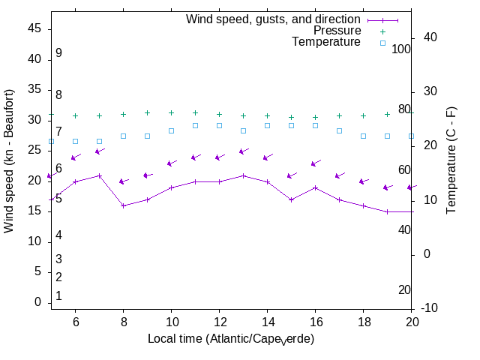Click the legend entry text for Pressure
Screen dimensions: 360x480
tap(337, 31)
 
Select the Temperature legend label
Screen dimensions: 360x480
tap(326, 43)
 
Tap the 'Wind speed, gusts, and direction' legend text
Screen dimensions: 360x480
tap(274, 19)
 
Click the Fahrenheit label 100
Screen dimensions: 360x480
tap(402, 49)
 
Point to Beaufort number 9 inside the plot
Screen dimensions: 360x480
tap(58, 53)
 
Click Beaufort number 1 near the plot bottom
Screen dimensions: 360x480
tap(58, 296)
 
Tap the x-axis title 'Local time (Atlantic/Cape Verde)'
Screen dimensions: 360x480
tap(231, 339)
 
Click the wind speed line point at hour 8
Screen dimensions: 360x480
tap(123, 205)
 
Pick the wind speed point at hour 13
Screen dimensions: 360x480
tap(243, 175)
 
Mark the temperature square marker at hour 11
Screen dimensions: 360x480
tap(195, 125)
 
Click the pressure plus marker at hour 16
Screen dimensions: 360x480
tap(315, 117)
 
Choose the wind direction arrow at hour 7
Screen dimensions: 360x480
tap(99, 151)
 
